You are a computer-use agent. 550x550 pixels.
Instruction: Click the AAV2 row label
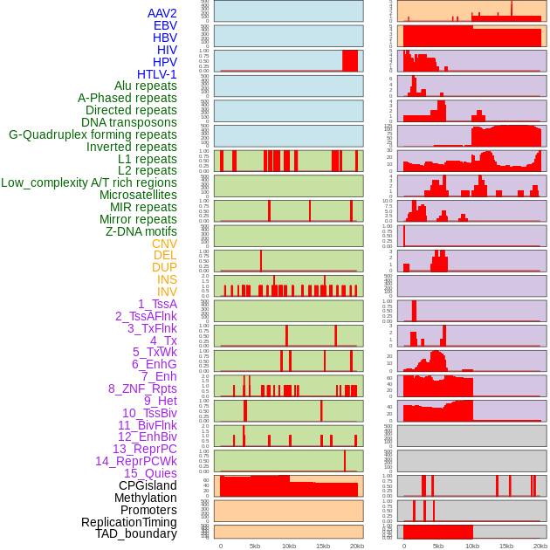coord(162,13)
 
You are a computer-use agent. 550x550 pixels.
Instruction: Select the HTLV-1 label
coord(157,74)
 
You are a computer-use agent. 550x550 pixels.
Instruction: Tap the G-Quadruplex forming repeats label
coord(93,134)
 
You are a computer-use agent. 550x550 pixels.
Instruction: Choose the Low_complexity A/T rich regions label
coord(89,182)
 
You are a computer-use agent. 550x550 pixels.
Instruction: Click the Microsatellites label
coord(138,195)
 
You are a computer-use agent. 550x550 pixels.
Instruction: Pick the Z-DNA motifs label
coord(141,231)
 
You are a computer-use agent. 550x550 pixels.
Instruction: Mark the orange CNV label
coord(164,244)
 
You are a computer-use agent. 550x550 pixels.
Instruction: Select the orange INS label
coord(167,279)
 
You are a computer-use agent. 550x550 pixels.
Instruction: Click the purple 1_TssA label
coord(157,304)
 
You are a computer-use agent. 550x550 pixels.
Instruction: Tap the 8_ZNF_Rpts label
coord(142,388)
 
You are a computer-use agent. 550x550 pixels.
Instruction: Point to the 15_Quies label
coord(150,473)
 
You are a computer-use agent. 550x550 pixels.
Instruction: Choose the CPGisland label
coord(148,485)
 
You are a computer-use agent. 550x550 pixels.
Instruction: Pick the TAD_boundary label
coord(136,533)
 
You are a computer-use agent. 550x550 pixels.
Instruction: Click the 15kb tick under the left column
coord(323,546)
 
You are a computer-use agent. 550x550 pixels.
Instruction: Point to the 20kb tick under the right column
coord(540,546)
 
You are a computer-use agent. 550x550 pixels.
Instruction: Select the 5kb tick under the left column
coord(255,546)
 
